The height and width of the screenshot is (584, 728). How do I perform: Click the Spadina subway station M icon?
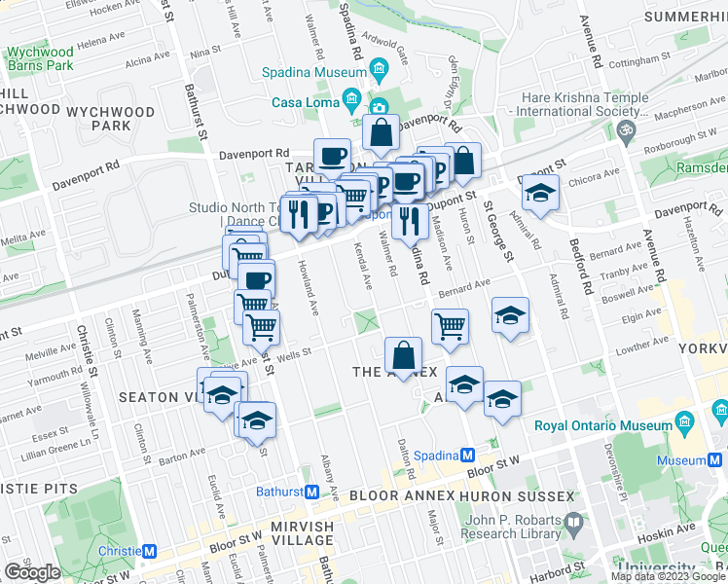[467, 455]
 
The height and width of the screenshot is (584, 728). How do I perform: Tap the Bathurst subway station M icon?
[311, 492]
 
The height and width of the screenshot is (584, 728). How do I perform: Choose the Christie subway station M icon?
[149, 552]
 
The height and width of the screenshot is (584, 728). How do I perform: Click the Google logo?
[33, 571]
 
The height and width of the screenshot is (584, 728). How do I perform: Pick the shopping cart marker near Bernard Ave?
[450, 327]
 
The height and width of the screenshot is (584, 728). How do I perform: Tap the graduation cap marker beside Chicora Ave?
[539, 194]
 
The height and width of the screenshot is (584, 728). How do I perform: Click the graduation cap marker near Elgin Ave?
[510, 316]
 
